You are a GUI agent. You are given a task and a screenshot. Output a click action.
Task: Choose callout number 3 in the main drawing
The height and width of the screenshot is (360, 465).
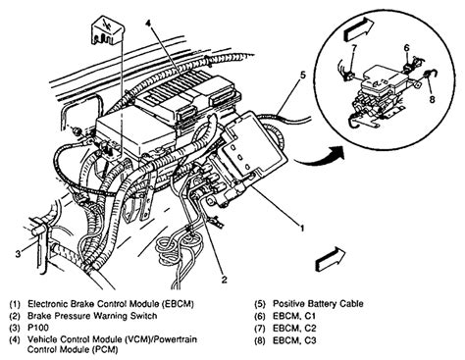(x=15, y=253)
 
